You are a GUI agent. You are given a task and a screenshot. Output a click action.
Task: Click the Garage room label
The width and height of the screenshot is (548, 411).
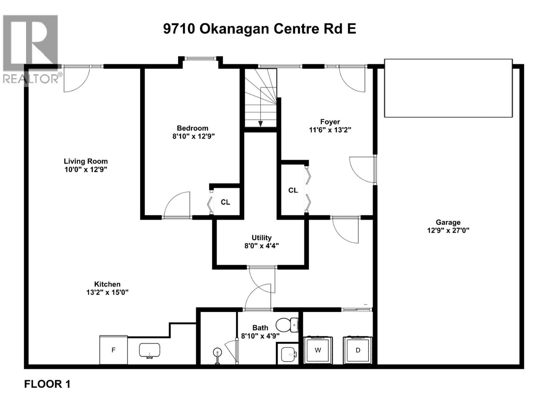(448, 222)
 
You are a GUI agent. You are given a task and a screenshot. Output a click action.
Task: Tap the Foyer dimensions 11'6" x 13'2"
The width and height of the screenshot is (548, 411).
(330, 130)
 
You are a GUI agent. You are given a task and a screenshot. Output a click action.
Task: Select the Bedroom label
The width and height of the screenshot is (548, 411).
(192, 128)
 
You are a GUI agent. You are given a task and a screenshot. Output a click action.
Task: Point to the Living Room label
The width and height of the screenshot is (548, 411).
(86, 161)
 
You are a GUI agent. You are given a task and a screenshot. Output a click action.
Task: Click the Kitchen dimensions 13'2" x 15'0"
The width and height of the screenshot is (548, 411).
(107, 292)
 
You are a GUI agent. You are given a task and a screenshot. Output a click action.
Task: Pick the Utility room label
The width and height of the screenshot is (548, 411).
(261, 238)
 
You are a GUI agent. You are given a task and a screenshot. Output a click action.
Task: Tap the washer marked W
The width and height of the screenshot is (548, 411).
(318, 350)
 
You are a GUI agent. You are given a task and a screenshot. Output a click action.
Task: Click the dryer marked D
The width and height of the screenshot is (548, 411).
(358, 350)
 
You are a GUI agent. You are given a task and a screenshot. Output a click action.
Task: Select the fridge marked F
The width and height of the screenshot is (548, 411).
(113, 350)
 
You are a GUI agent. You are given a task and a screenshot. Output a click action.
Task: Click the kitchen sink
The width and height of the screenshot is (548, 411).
(150, 351)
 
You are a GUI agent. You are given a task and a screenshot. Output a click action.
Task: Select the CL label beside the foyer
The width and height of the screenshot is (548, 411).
(293, 190)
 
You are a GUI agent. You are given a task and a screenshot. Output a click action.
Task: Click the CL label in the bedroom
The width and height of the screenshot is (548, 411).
(225, 202)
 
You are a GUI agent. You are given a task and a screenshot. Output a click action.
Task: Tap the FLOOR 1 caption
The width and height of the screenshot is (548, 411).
(47, 384)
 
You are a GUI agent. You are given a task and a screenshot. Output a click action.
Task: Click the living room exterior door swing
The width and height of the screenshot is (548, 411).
(76, 80)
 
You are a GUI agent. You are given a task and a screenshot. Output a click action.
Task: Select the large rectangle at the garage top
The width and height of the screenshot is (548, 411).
(448, 88)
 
